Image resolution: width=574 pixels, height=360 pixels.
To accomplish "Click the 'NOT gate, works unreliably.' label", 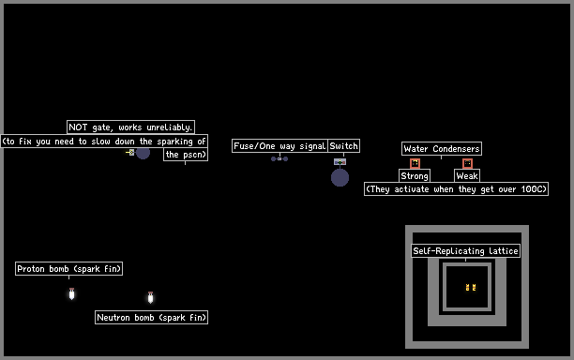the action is pyautogui.click(x=130, y=127).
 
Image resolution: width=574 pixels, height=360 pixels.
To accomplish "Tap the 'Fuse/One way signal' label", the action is pyautogui.click(x=279, y=146).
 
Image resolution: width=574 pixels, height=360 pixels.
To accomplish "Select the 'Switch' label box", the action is pyautogui.click(x=343, y=146).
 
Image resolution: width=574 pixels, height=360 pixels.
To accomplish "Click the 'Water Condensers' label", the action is pyautogui.click(x=442, y=149).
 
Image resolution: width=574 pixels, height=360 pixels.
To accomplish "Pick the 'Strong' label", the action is pyautogui.click(x=415, y=176).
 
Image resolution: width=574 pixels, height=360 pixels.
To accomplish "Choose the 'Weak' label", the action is pyautogui.click(x=467, y=176).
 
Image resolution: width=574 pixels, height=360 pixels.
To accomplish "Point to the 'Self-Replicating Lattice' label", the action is pyautogui.click(x=465, y=251).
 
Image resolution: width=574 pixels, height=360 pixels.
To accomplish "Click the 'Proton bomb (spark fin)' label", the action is pyautogui.click(x=68, y=269).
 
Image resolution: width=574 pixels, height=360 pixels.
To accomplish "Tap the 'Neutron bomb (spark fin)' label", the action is pyautogui.click(x=152, y=318).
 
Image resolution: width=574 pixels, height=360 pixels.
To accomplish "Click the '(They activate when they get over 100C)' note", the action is pyautogui.click(x=456, y=189).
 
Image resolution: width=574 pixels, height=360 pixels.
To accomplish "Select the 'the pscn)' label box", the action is pyautogui.click(x=186, y=155).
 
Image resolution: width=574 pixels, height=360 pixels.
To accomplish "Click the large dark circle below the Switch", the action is pyautogui.click(x=340, y=178).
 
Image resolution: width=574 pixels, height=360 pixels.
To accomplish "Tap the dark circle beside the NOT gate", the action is pyautogui.click(x=143, y=153).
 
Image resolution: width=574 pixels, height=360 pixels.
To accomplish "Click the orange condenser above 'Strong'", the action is pyautogui.click(x=415, y=163).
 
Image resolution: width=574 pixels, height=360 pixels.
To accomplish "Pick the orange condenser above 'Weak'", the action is pyautogui.click(x=467, y=163).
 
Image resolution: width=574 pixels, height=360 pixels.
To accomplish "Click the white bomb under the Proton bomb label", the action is pyautogui.click(x=71, y=293).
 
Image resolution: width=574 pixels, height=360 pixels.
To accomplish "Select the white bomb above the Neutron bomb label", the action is pyautogui.click(x=150, y=297).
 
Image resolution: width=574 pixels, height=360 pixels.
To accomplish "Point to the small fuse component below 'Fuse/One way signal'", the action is pyautogui.click(x=279, y=158).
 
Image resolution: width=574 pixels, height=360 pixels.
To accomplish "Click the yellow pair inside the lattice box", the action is pyautogui.click(x=471, y=288).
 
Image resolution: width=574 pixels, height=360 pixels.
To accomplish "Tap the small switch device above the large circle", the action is pyautogui.click(x=340, y=161).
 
